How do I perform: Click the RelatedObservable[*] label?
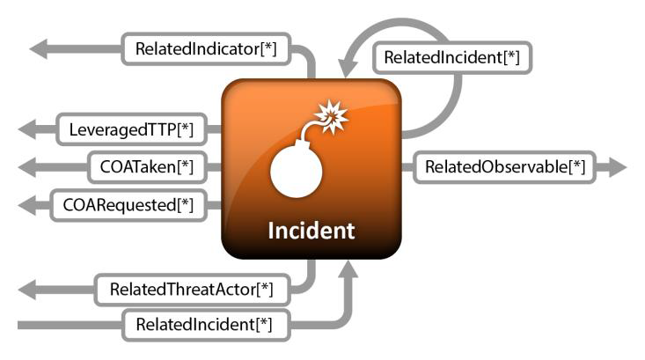505,166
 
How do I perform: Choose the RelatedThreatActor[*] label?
192,288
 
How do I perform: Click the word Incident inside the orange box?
312,231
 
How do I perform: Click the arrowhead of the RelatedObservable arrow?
616,166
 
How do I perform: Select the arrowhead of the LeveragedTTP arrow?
26,131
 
